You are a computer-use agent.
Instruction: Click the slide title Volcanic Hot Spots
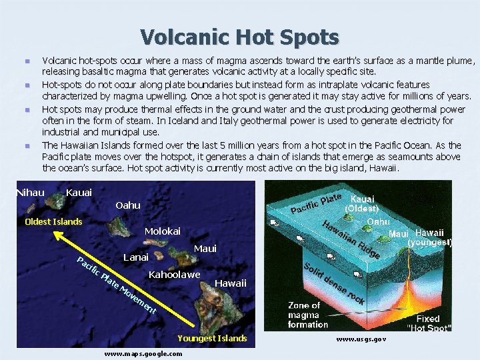[239, 37]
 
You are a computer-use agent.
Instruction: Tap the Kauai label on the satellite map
[79, 193]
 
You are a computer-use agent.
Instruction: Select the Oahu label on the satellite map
[128, 205]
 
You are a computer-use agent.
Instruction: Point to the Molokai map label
[163, 231]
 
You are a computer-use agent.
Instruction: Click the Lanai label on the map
[136, 257]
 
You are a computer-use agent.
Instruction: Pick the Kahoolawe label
[174, 275]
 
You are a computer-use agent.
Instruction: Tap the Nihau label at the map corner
[31, 193]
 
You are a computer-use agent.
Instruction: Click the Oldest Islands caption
[53, 221]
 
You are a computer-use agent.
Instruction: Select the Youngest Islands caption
[212, 338]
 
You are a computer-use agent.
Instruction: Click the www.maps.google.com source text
[143, 353]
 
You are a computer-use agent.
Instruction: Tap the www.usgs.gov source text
[361, 339]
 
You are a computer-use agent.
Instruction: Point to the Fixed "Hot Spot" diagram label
[429, 323]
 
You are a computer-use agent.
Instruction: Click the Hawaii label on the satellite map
[231, 283]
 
